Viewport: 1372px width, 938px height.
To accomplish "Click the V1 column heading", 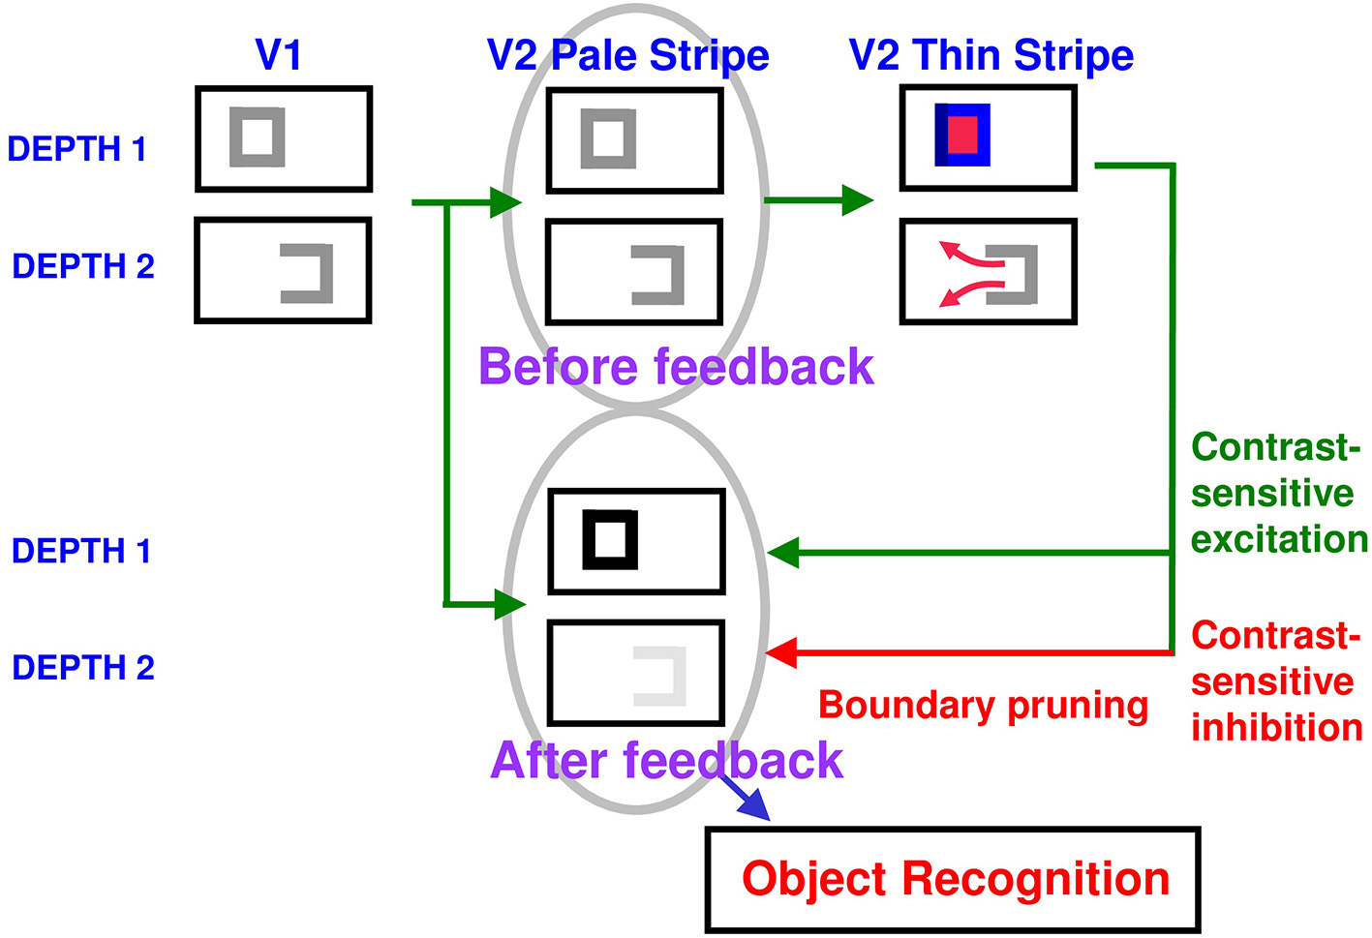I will pos(278,55).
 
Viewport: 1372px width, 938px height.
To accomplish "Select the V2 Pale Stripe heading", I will pos(627,55).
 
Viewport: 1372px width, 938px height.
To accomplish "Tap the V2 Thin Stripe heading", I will pos(991,55).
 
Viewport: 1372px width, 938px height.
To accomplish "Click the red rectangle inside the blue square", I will pos(962,135).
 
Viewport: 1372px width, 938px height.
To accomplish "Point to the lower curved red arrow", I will pos(970,291).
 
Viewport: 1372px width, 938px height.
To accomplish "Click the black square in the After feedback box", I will pos(610,539).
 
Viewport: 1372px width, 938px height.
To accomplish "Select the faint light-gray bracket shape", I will pos(662,676).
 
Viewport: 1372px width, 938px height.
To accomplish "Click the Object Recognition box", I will pos(953,879).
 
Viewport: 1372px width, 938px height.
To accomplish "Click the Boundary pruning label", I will pos(983,705).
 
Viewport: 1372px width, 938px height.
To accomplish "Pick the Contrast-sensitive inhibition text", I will pos(1276,681).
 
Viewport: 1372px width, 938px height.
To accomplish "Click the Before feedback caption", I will pos(675,367).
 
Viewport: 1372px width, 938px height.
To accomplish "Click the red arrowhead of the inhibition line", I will pos(781,652).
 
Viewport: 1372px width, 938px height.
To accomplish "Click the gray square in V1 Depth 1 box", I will pos(258,136).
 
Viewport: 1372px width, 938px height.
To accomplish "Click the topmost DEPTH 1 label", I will pos(76,149).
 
